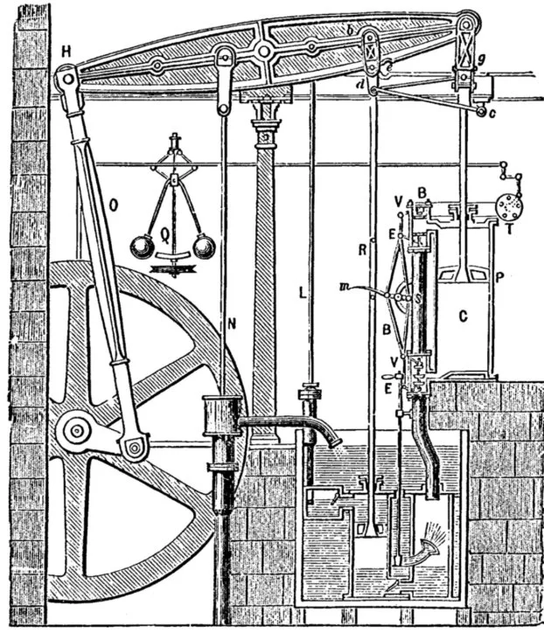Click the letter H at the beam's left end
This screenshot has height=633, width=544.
66,50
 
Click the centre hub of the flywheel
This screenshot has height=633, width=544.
76,429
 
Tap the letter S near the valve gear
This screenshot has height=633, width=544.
419,296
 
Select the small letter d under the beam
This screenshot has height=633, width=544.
361,85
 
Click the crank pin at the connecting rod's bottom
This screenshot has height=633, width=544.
133,449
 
